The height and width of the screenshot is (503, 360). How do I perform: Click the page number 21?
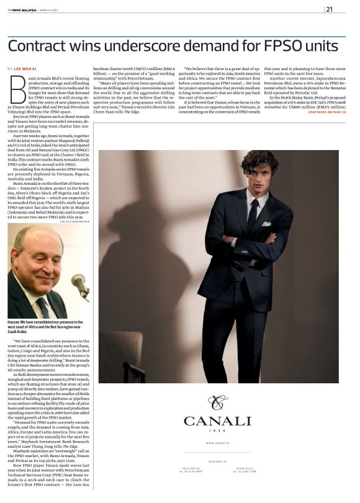point(329,9)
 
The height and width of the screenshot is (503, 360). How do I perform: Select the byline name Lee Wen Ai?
point(27,68)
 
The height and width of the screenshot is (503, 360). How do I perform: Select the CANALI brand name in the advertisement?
point(217,421)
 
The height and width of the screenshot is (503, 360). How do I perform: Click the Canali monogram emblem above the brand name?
point(217,403)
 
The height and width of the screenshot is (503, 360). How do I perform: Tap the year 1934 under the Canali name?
point(217,432)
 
